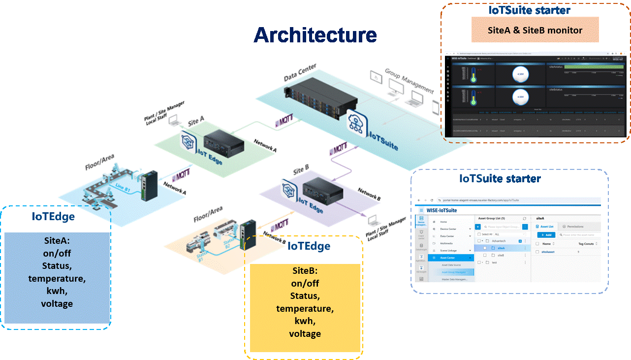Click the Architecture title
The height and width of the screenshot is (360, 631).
coord(315,35)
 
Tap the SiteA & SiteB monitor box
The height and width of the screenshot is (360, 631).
coord(535,30)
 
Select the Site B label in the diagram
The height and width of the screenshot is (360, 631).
coord(301,170)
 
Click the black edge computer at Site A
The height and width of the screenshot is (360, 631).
coord(224,143)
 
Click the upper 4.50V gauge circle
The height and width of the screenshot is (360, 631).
coord(520,75)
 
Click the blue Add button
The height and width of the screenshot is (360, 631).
coord(546,235)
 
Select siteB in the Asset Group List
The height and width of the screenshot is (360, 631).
coord(501,255)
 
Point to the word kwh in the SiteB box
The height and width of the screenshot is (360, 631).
coord(305,321)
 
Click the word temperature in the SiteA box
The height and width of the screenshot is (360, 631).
coord(57,279)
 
